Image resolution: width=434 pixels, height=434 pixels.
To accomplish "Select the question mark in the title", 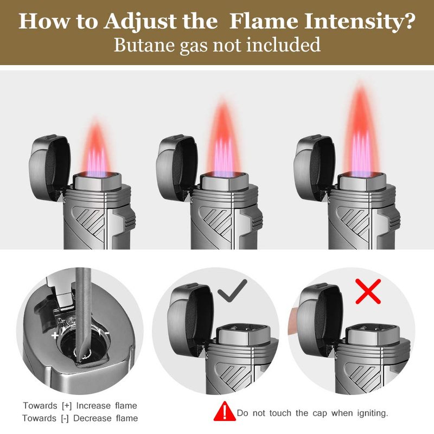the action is point(407,21).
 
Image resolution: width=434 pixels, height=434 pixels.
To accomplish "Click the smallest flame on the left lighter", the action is point(95,148).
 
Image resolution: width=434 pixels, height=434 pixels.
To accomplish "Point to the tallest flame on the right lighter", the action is point(361,130).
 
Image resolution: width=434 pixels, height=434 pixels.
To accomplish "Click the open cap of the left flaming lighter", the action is point(49,167).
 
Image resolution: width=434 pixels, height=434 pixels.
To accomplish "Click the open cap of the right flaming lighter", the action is point(314,167).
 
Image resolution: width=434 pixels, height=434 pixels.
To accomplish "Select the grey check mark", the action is point(232,291).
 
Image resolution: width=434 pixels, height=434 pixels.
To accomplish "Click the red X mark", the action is point(368,291).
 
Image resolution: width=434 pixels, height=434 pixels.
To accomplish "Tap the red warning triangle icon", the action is point(225,412).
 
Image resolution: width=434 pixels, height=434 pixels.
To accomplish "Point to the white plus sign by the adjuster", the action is point(55,335).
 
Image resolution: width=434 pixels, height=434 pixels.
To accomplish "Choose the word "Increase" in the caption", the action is point(93,405).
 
